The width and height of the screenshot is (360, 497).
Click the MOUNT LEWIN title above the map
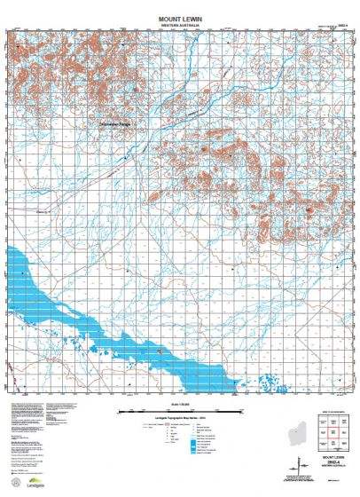click(180, 18)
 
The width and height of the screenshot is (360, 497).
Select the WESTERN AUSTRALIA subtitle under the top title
click(180, 26)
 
